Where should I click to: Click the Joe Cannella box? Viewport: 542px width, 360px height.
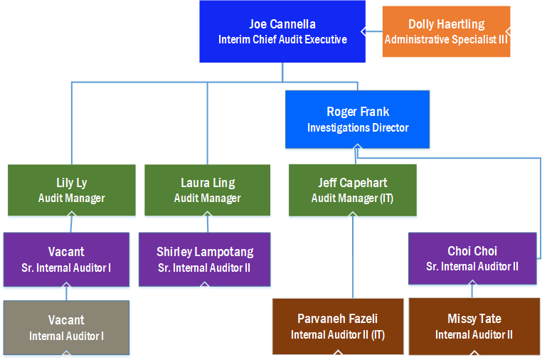click(282, 31)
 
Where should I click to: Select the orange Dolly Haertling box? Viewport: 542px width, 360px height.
click(446, 31)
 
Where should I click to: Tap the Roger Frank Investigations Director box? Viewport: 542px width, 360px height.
click(357, 119)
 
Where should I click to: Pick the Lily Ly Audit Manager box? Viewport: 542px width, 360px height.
click(71, 190)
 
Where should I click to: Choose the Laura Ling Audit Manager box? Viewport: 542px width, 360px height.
click(207, 190)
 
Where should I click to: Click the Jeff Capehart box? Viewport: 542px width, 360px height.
click(352, 190)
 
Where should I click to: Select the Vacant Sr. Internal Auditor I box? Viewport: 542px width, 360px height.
click(66, 259)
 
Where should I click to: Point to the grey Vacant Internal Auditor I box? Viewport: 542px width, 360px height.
click(66, 328)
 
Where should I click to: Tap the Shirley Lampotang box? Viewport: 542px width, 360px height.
click(204, 259)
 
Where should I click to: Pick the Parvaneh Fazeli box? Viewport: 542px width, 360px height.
click(337, 326)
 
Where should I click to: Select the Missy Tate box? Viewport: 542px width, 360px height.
click(474, 326)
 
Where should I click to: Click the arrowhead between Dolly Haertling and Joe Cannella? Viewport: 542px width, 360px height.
click(363, 31)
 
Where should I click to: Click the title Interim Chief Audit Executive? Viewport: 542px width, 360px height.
click(282, 40)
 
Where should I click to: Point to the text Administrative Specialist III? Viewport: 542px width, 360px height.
click(446, 40)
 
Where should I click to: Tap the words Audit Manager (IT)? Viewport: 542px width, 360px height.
click(352, 198)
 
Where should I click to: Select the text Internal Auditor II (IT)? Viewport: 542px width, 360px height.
click(337, 334)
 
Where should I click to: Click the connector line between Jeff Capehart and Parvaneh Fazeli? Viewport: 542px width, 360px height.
click(353, 256)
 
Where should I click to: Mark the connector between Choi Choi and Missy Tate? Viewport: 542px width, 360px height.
click(472, 292)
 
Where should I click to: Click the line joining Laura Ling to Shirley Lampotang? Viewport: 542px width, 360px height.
click(207, 223)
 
